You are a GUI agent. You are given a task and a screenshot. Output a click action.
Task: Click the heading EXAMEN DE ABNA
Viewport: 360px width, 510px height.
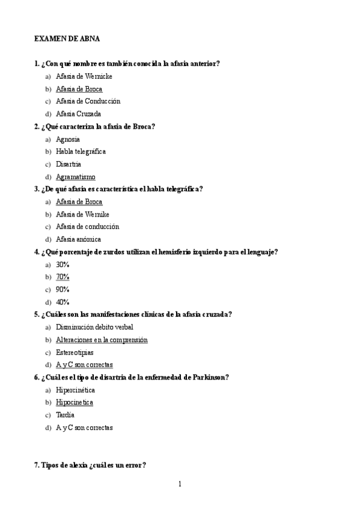tap(66, 38)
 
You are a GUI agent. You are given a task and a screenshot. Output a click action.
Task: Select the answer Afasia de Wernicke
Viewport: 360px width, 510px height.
tap(84, 76)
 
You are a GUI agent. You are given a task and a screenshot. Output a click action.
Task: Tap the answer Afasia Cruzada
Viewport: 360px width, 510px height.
tap(78, 114)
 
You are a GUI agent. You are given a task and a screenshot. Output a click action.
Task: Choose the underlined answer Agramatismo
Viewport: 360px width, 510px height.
tap(75, 177)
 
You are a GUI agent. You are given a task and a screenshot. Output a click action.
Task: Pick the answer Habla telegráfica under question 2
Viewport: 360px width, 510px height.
tap(81, 152)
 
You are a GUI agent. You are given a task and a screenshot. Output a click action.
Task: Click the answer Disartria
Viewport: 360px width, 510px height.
tap(69, 164)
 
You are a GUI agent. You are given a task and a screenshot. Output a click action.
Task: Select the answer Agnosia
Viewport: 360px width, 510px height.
tap(68, 139)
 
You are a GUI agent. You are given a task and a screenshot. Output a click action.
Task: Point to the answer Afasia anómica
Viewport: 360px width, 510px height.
tap(78, 239)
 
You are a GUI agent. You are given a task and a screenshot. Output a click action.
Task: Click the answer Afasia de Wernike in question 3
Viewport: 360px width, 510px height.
tap(82, 214)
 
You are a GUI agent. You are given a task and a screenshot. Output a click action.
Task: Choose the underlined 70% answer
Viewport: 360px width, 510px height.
tap(63, 277)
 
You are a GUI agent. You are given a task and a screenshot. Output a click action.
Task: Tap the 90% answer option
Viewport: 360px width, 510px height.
tap(63, 289)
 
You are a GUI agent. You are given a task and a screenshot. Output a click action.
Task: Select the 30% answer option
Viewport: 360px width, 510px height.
tap(63, 264)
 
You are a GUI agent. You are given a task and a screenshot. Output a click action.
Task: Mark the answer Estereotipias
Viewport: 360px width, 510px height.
tap(76, 352)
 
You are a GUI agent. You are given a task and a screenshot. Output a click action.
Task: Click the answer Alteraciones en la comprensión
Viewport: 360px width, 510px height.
tap(101, 340)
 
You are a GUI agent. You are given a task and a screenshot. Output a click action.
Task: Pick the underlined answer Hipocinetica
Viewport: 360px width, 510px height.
tap(74, 402)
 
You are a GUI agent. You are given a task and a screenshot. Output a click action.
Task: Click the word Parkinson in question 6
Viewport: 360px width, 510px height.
tap(210, 377)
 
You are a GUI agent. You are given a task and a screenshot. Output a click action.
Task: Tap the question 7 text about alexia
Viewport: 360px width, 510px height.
tap(90, 465)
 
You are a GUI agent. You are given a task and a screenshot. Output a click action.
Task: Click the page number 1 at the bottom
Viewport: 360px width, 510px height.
tap(180, 484)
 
